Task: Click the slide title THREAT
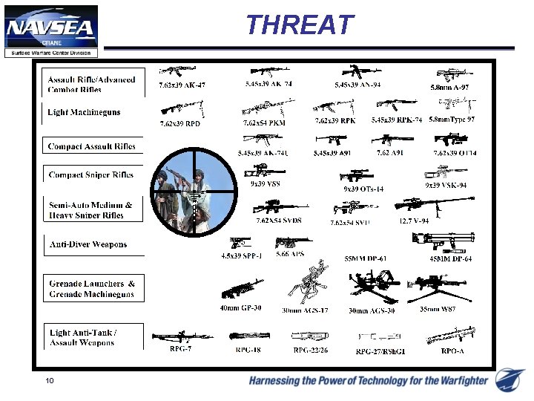pos(300,25)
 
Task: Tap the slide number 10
pos(49,381)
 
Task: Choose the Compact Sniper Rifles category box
pos(91,175)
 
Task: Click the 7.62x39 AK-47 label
pos(182,85)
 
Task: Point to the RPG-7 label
pos(181,348)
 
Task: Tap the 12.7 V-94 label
pos(415,221)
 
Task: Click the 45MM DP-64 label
pos(450,258)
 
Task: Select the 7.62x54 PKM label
pos(264,123)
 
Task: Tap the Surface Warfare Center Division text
pos(51,53)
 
